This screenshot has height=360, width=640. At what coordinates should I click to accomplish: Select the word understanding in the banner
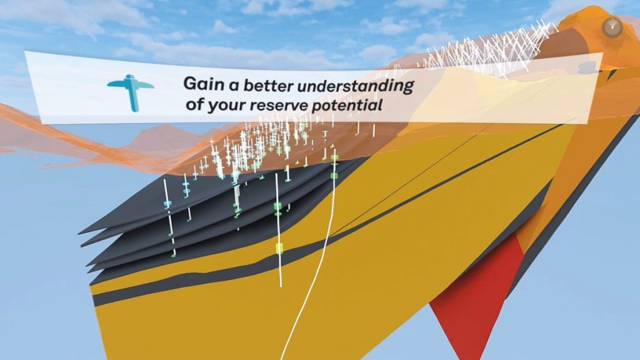(356, 87)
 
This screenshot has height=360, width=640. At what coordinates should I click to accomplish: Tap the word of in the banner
(195, 104)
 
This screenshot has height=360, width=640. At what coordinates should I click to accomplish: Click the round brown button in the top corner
(612, 27)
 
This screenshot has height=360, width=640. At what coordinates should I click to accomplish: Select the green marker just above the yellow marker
(278, 206)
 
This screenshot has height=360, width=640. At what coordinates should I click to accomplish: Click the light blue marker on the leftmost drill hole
(166, 203)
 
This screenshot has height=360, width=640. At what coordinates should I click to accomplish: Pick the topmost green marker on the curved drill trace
(335, 157)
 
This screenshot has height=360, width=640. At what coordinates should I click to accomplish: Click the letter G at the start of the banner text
(189, 84)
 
